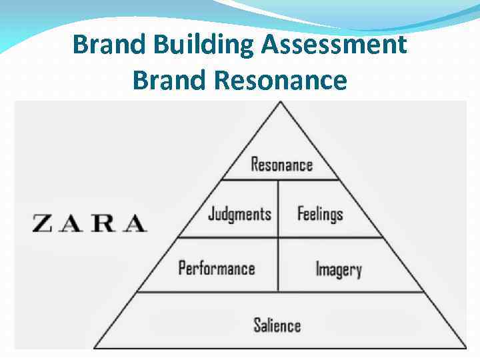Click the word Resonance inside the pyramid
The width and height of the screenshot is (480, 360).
281,164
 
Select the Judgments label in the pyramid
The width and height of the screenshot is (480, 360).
239,214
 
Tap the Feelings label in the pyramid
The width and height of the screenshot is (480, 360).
320,214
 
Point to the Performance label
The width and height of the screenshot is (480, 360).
217,269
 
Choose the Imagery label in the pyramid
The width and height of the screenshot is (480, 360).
338,269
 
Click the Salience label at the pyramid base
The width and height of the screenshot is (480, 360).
277,325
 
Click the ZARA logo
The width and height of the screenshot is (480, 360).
89,223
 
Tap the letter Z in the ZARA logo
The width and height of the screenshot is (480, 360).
42,223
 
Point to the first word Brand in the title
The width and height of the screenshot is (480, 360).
109,45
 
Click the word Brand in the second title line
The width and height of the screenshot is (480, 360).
169,80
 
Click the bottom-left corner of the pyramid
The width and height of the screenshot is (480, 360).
94,347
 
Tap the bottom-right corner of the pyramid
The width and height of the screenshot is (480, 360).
466,347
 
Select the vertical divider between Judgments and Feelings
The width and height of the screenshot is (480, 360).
278,208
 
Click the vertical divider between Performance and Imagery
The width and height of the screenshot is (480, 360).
278,265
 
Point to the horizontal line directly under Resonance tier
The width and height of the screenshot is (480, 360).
280,179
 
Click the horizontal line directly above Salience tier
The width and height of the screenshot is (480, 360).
280,292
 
